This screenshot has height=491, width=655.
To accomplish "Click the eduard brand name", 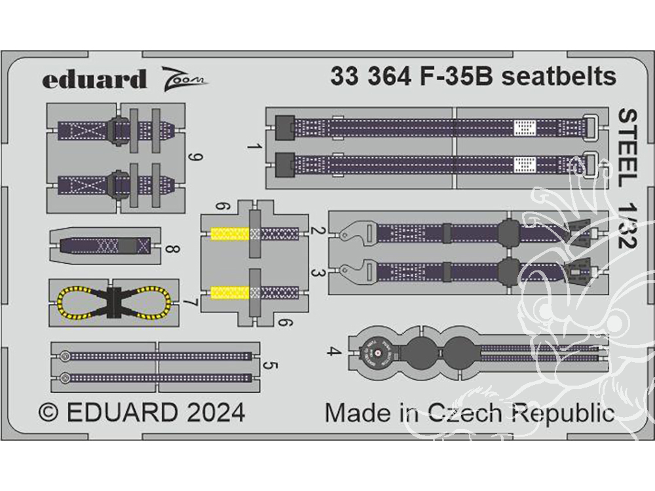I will pos(94,79).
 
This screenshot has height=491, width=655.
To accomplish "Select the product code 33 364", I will pos(369,77).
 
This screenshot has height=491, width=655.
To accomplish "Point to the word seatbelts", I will pos(559,77).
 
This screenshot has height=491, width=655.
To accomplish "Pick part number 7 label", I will pos(189,304).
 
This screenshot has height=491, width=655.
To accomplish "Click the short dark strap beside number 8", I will pos(105,246).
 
